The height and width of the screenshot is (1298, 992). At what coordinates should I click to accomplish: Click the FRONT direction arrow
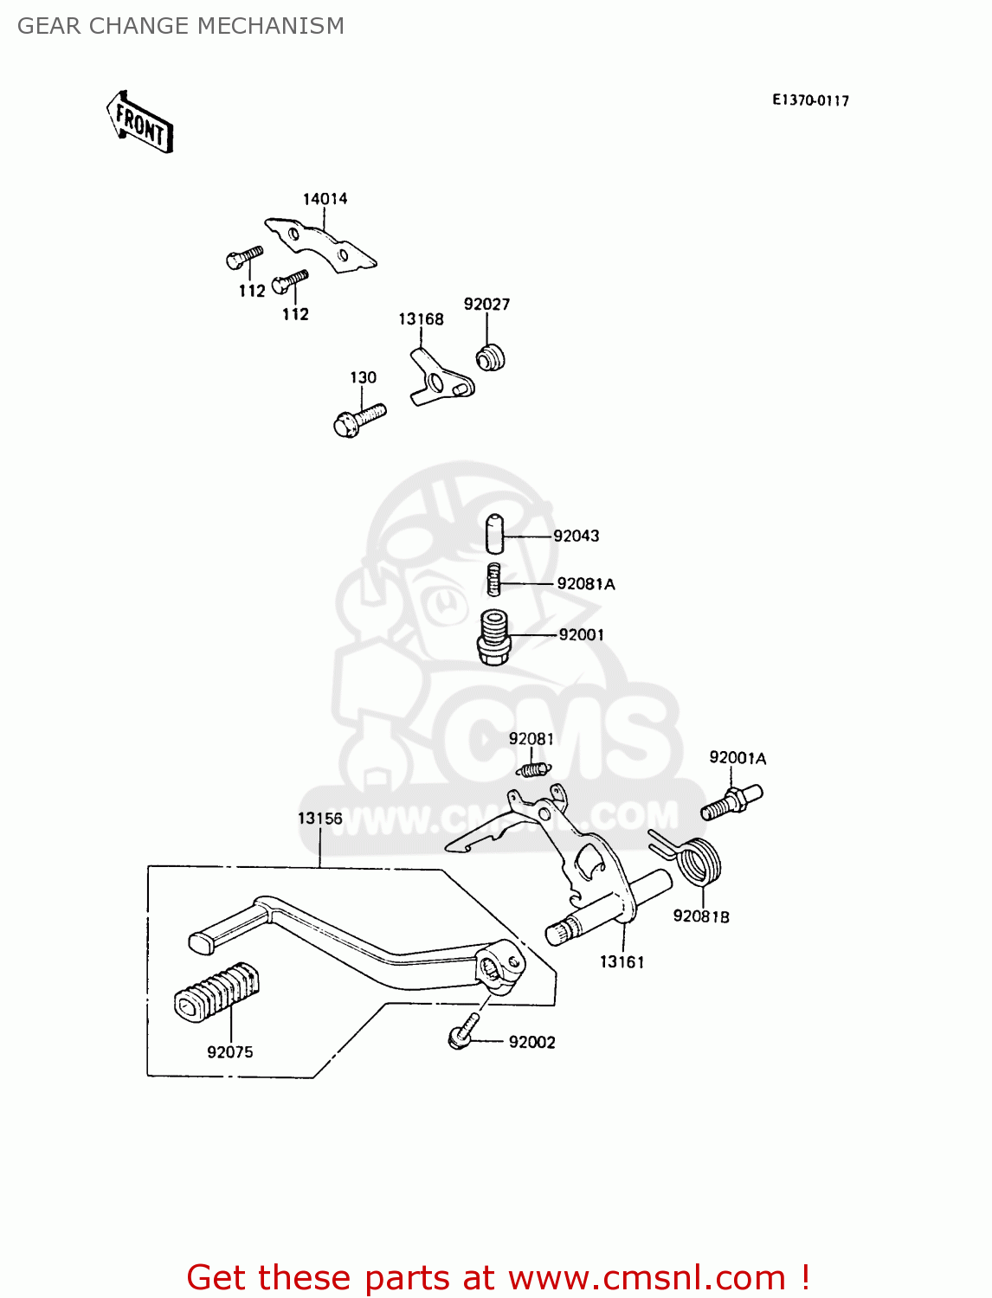pyautogui.click(x=139, y=123)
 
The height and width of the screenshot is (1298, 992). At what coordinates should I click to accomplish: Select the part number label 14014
pyautogui.click(x=325, y=199)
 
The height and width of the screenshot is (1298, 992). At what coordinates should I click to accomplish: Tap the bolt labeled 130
pyautogui.click(x=358, y=421)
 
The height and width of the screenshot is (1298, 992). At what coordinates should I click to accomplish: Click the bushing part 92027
pyautogui.click(x=491, y=357)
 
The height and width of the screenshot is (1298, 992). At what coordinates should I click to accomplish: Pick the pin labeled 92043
pyautogui.click(x=493, y=534)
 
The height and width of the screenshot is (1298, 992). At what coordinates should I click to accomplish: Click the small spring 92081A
pyautogui.click(x=493, y=579)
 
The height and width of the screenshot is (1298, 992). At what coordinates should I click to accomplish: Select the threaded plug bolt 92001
pyautogui.click(x=494, y=637)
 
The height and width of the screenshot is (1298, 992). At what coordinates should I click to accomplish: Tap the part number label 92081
pyautogui.click(x=531, y=738)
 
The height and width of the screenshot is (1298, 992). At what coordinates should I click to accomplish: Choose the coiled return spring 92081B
pyautogui.click(x=698, y=861)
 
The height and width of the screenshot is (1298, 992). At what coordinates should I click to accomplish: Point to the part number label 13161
pyautogui.click(x=622, y=961)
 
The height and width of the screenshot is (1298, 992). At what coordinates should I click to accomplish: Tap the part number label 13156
pyautogui.click(x=319, y=818)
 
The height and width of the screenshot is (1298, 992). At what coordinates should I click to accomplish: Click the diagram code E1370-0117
pyautogui.click(x=810, y=100)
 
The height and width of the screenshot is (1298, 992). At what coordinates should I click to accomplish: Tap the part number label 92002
pyautogui.click(x=531, y=1042)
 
